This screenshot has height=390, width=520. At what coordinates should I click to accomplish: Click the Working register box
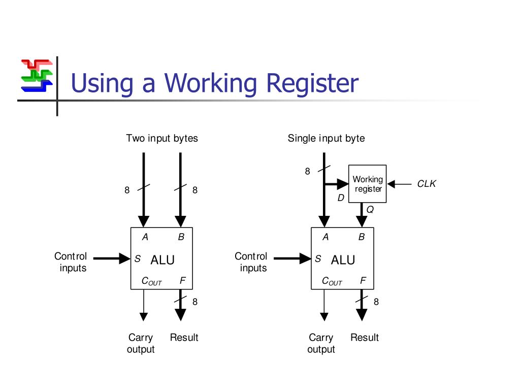click(367, 184)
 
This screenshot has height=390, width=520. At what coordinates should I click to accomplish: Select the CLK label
click(426, 184)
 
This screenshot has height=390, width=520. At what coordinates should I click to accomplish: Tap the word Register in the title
click(312, 83)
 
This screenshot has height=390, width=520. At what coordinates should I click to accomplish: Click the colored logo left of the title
click(37, 76)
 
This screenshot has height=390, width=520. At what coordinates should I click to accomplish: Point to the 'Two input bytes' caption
click(162, 138)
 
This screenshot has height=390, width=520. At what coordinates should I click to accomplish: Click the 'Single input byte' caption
click(326, 138)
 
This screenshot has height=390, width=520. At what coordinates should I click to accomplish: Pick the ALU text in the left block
click(162, 260)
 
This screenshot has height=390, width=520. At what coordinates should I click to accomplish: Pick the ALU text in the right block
click(343, 260)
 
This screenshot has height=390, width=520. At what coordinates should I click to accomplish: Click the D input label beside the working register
click(341, 198)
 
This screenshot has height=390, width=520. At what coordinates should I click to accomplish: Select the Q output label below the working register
click(370, 209)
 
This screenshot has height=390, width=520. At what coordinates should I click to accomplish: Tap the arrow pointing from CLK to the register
click(399, 184)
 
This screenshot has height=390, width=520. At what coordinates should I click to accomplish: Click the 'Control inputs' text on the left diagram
click(71, 262)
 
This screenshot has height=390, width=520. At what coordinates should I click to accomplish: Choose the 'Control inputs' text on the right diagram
click(251, 262)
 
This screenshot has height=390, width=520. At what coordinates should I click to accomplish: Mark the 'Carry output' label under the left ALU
click(141, 343)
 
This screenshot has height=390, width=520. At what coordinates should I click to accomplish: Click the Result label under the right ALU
click(365, 338)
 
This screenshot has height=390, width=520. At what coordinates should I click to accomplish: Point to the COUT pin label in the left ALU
click(151, 281)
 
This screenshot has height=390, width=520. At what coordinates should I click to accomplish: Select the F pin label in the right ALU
click(363, 280)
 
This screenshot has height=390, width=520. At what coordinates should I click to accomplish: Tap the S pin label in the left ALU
click(138, 258)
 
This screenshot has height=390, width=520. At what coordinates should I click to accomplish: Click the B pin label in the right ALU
click(362, 237)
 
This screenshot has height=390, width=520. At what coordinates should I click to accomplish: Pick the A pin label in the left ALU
click(145, 237)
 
